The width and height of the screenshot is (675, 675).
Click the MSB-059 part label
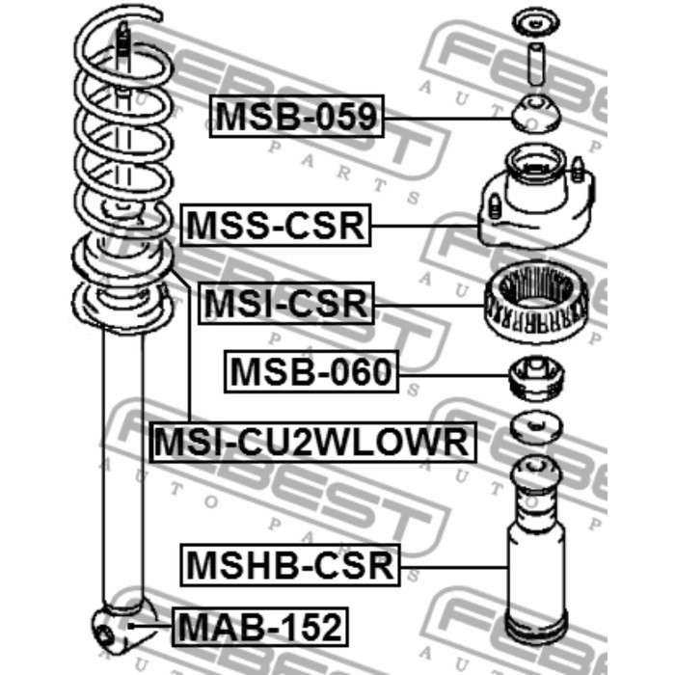tap(296, 117)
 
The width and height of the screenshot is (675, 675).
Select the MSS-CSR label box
tap(276, 225)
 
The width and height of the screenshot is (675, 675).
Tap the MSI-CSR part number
tap(285, 303)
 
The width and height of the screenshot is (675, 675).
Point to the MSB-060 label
tap(311, 371)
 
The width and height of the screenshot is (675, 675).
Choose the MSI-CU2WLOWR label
tap(312, 442)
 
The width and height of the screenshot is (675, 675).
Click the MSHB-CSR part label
tap(290, 565)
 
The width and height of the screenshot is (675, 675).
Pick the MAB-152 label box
tap(260, 627)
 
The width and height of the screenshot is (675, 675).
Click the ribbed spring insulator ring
tap(536, 302)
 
